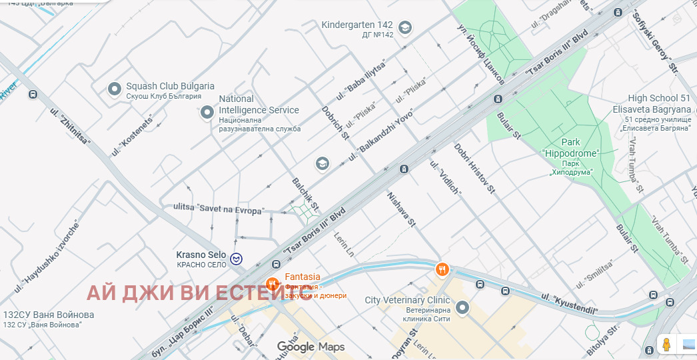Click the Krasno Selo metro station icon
[x=237, y=259]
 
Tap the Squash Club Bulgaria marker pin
[x=115, y=88]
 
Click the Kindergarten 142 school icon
[x=404, y=27]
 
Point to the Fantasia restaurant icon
[x=272, y=284]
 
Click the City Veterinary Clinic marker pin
[x=462, y=307]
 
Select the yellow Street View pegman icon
[x=665, y=344]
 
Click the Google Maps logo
[x=311, y=347]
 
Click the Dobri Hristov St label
[x=474, y=168]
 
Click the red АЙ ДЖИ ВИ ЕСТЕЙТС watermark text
[x=199, y=293]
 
